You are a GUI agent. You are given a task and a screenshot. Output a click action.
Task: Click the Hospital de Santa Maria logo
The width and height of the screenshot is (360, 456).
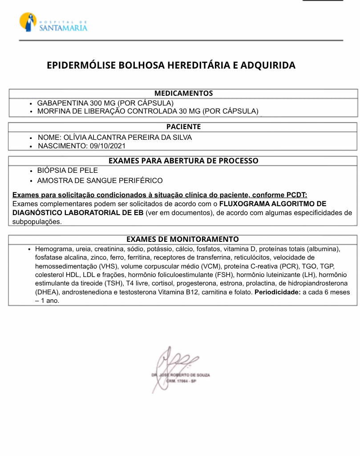[x=53, y=22]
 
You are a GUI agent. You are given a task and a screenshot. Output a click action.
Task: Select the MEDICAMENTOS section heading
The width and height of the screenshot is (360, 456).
[x=183, y=94]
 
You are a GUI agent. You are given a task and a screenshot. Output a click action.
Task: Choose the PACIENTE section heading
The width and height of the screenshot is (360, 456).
[x=183, y=127]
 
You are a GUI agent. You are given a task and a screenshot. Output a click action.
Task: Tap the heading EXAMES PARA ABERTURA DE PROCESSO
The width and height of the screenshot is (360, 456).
[x=183, y=161]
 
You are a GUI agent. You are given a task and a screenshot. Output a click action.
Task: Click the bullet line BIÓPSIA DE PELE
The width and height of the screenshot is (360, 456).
[x=67, y=171]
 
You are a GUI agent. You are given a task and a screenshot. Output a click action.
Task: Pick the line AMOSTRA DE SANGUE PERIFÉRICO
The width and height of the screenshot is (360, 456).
[x=100, y=181]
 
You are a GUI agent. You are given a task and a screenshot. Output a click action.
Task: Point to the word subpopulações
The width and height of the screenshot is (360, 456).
[x=37, y=221]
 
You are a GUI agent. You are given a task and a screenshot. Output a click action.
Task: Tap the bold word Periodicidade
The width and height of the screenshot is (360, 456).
[x=278, y=292]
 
